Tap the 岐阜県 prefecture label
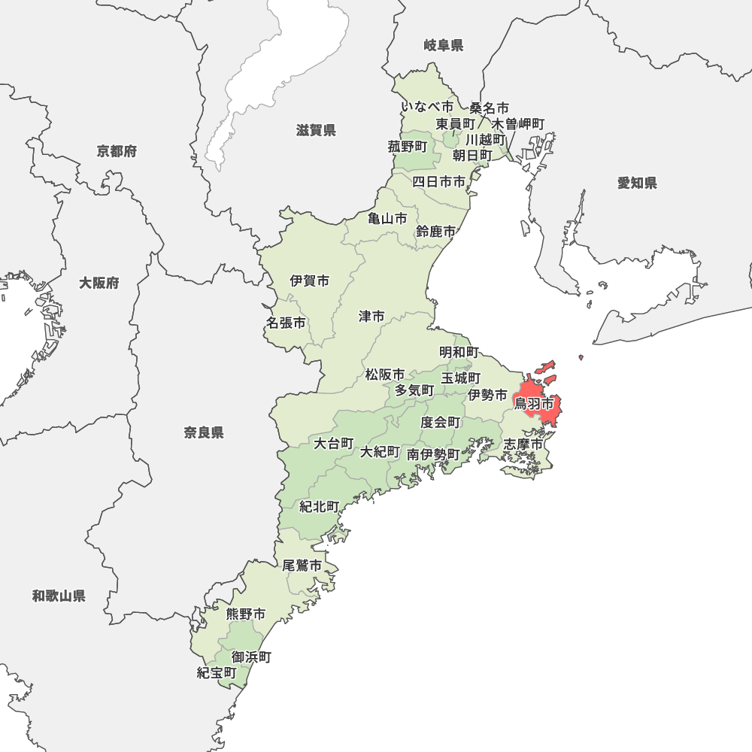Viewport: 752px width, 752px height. pos(443,46)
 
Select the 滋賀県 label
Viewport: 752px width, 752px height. pos(316,131)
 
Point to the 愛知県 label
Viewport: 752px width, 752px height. pos(637,183)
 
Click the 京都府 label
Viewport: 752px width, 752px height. pos(117,152)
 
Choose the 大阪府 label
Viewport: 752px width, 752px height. pos(99,284)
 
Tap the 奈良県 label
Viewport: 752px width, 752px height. pos(204,432)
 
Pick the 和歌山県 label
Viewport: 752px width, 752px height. pos(59,596)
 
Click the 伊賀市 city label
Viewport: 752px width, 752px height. pos(310,281)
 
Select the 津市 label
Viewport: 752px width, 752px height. pos(371,317)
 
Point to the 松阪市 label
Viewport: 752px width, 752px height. pos(385,374)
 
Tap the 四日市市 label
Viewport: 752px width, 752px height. pos(438,181)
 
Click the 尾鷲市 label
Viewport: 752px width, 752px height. pos(302,566)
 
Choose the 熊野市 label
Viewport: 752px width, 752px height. pos(246,614)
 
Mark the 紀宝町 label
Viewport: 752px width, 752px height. pos(217,672)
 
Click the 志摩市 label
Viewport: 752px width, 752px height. pos(523,444)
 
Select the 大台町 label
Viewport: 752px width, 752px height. pos(333,443)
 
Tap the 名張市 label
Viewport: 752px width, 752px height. pos(286,323)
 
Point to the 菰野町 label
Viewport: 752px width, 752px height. pos(408,147)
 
